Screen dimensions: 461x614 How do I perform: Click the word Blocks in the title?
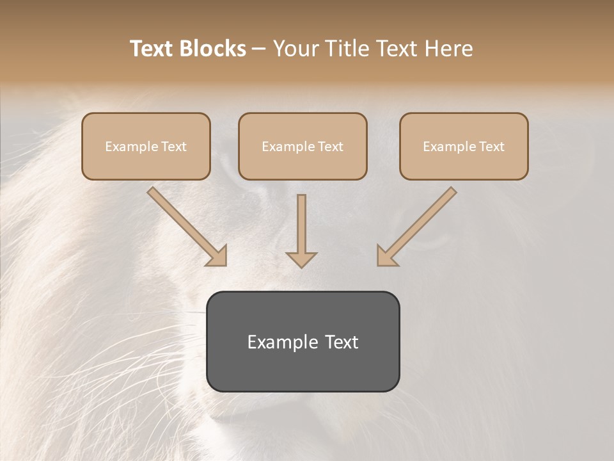pyautogui.click(x=214, y=49)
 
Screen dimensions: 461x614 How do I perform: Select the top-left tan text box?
pyautogui.click(x=146, y=147)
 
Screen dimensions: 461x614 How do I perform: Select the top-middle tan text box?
pyautogui.click(x=303, y=147)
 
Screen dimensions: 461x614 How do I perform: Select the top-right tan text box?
pyautogui.click(x=464, y=147)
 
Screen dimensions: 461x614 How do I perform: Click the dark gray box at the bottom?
pyautogui.click(x=303, y=341)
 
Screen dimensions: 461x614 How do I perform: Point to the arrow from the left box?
pyautogui.click(x=185, y=225)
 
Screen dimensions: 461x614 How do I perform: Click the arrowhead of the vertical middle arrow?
pyautogui.click(x=301, y=259)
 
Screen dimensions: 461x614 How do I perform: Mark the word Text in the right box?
pyautogui.click(x=491, y=147)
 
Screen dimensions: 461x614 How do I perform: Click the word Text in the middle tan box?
pyautogui.click(x=329, y=147)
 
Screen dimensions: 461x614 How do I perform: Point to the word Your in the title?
pyautogui.click(x=296, y=49)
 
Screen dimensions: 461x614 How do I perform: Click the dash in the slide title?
pyautogui.click(x=259, y=49)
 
